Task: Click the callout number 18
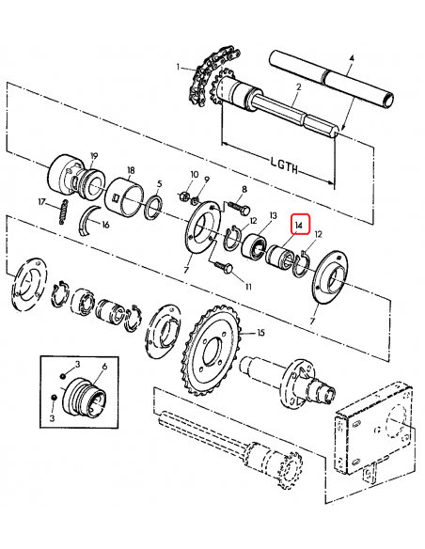pyautogui.click(x=130, y=160)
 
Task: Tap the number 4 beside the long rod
pyautogui.click(x=351, y=59)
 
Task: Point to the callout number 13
pyautogui.click(x=274, y=216)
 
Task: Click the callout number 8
pyautogui.click(x=244, y=189)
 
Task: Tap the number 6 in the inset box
pyautogui.click(x=103, y=365)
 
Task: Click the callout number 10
pyautogui.click(x=195, y=175)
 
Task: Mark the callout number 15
pyautogui.click(x=261, y=334)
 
